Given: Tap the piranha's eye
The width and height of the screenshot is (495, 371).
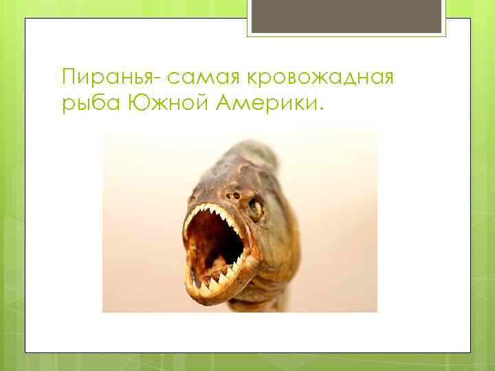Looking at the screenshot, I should pos(256,207).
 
